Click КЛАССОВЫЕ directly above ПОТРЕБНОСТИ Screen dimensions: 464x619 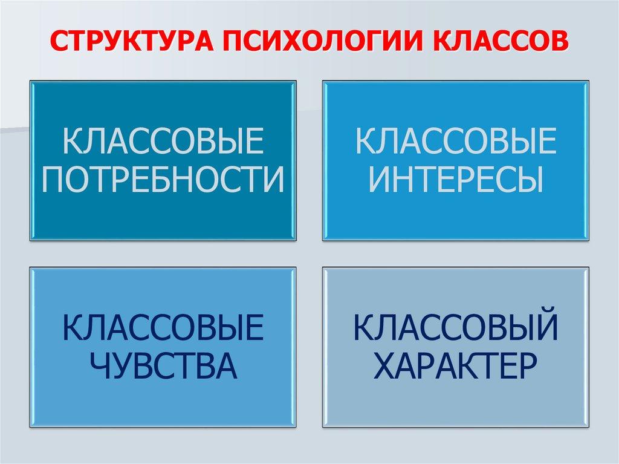point(163,143)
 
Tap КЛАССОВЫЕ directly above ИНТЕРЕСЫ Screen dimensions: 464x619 point(455,143)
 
